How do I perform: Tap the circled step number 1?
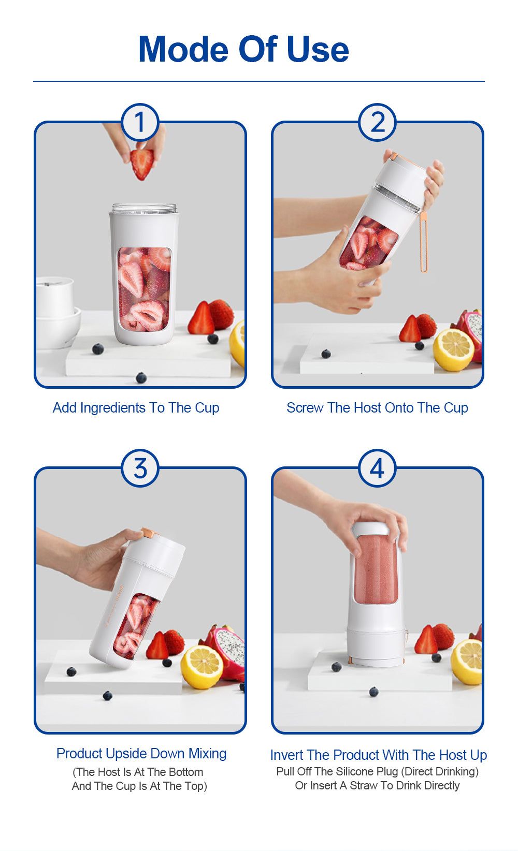[x=140, y=122]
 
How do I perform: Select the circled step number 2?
[x=377, y=122]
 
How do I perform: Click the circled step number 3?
[x=140, y=468]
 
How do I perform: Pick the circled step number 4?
[x=377, y=468]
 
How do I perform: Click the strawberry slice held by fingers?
[x=142, y=163]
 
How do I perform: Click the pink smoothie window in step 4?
[x=376, y=569]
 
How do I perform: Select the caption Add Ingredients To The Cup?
[x=136, y=408]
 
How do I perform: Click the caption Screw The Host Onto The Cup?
[x=377, y=408]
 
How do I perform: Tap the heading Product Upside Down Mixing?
[x=141, y=754]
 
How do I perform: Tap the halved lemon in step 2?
[x=453, y=349]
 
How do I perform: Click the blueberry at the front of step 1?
[x=141, y=377]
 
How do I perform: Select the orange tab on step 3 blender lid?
[x=148, y=533]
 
